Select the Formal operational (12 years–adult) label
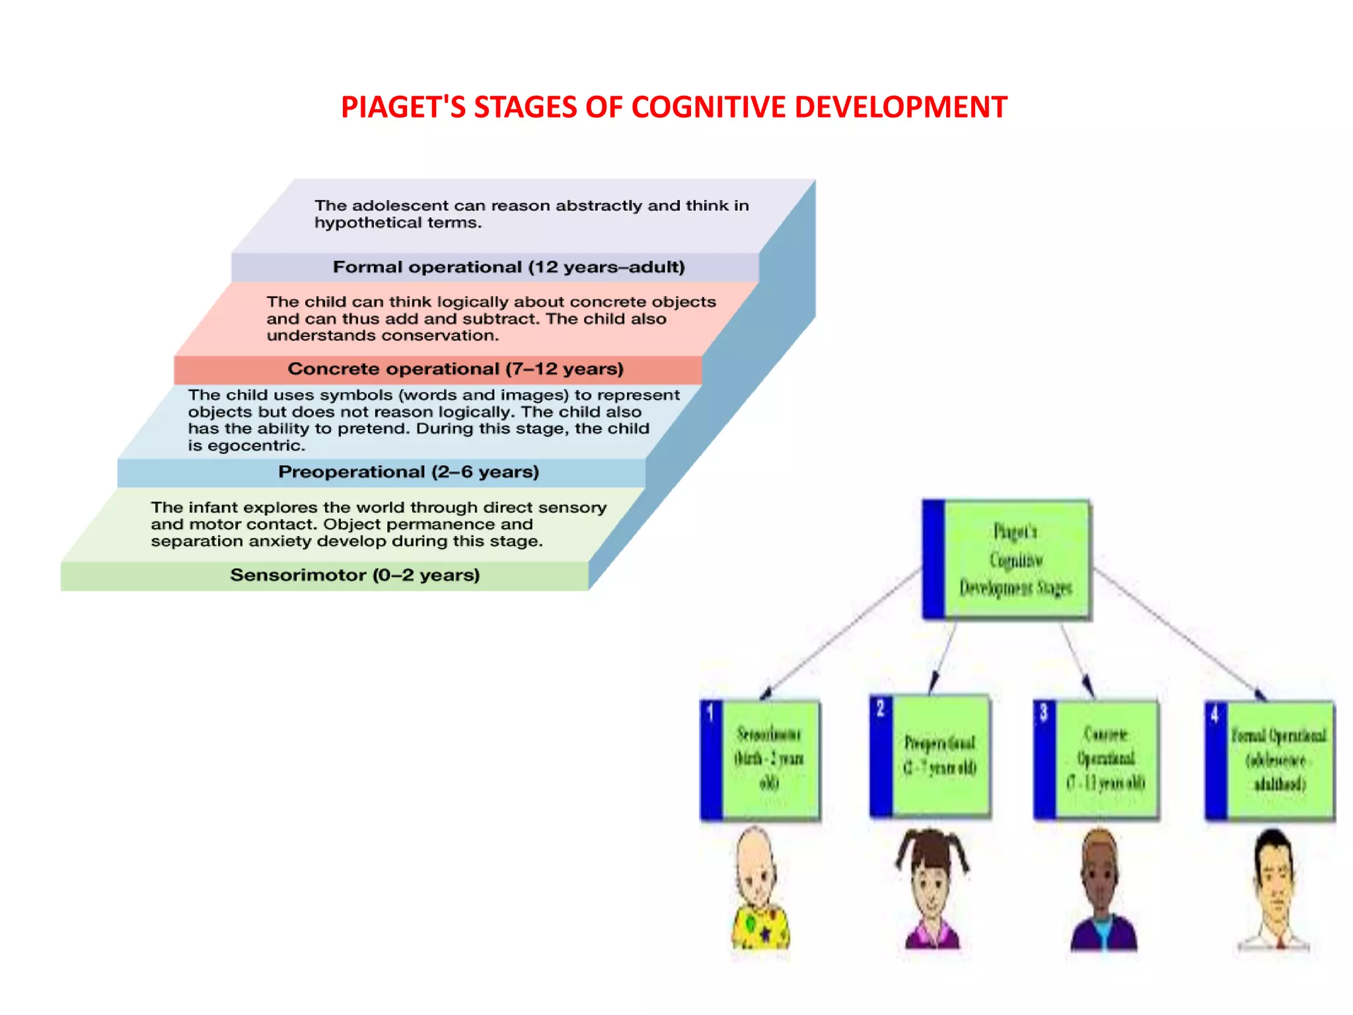[509, 267]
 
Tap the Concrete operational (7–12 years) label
[455, 369]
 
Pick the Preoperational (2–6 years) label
[408, 472]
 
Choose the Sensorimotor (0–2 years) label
[355, 575]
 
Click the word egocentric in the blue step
[256, 446]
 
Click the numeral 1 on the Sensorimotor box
[710, 713]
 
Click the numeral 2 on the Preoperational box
[880, 708]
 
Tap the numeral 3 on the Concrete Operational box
[1044, 712]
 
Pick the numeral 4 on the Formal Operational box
[1214, 714]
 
